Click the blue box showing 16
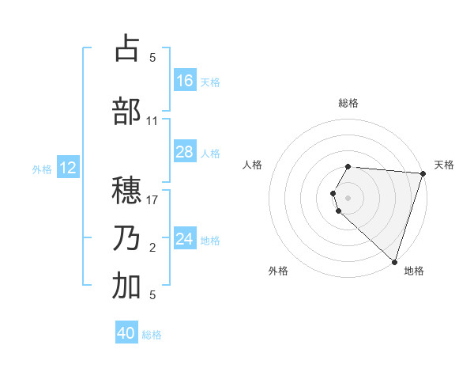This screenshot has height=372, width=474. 185,81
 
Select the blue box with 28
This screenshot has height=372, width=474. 185,152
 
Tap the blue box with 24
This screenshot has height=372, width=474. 185,238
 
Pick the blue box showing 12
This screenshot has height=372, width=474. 68,168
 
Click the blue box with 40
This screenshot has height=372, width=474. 126,333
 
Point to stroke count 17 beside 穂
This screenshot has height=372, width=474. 153,200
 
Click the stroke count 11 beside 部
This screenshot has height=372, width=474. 152,121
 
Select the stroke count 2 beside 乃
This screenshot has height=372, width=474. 152,249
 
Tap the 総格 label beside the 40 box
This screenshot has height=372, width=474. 152,335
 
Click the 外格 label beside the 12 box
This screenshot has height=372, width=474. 41,169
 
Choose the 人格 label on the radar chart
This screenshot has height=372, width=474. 252,165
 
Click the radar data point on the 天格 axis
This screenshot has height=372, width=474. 423,173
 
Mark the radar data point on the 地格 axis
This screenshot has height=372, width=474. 394,261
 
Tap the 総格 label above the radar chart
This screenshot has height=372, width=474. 348,103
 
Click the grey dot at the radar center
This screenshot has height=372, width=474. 348,196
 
